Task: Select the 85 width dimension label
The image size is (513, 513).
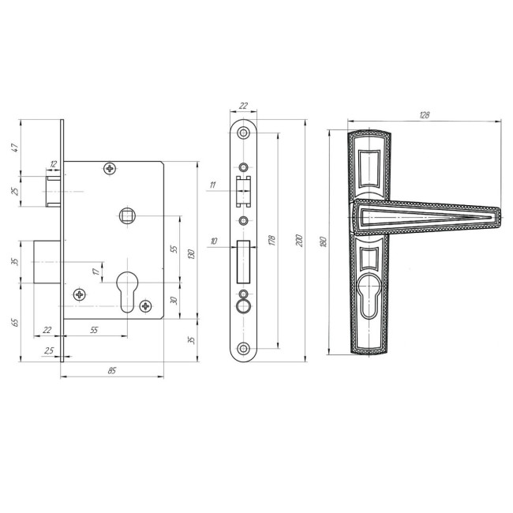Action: pos(112,371)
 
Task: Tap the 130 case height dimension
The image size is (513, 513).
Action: pos(192,254)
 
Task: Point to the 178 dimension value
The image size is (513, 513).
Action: pos(271,240)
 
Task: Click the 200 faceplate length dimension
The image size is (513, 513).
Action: pos(299,241)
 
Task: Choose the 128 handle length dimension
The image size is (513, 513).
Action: pos(424,115)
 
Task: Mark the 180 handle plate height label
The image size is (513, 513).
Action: pos(324,242)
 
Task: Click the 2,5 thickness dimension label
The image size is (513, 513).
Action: pos(49,351)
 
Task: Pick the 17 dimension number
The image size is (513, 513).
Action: pos(96,271)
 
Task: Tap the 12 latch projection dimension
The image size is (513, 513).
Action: pos(53,164)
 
